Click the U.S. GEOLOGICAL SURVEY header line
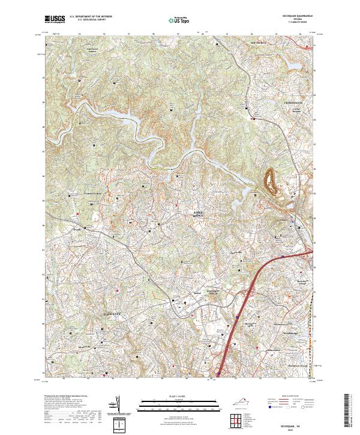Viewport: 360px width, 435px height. pyautogui.click(x=86, y=19)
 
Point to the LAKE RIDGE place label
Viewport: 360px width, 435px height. pyautogui.click(x=198, y=214)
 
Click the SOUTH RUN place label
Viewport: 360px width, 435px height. pyautogui.click(x=263, y=44)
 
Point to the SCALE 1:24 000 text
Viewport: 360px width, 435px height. pyautogui.click(x=179, y=397)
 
